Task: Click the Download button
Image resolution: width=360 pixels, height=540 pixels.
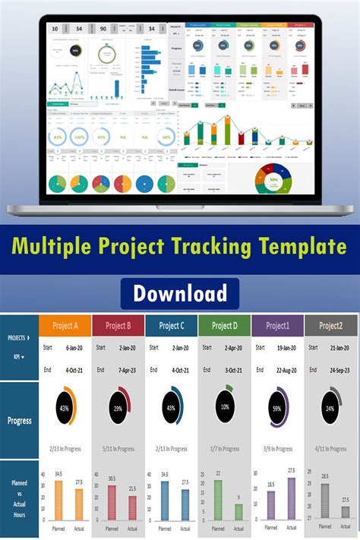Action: pyautogui.click(x=180, y=293)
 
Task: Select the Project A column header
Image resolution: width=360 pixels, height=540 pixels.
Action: pyautogui.click(x=65, y=326)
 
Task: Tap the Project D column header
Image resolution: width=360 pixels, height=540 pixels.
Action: pyautogui.click(x=224, y=326)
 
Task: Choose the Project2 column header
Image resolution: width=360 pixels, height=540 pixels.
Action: pyautogui.click(x=330, y=326)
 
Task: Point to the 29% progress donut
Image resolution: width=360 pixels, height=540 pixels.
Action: pyautogui.click(x=118, y=409)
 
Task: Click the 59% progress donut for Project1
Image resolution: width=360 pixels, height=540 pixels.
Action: pyautogui.click(x=277, y=409)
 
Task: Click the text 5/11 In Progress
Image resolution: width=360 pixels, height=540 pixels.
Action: pyautogui.click(x=118, y=449)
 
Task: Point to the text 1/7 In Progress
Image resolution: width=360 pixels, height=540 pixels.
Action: pyautogui.click(x=224, y=449)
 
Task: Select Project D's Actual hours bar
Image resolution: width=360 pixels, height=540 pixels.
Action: pyautogui.click(x=238, y=512)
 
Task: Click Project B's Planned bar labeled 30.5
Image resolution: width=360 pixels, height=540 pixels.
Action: pyautogui.click(x=112, y=503)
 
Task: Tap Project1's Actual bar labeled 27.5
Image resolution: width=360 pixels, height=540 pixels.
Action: pyautogui.click(x=292, y=499)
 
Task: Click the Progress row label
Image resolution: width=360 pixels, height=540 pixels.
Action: pyautogui.click(x=19, y=420)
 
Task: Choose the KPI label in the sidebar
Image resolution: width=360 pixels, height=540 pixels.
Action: pyautogui.click(x=17, y=355)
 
